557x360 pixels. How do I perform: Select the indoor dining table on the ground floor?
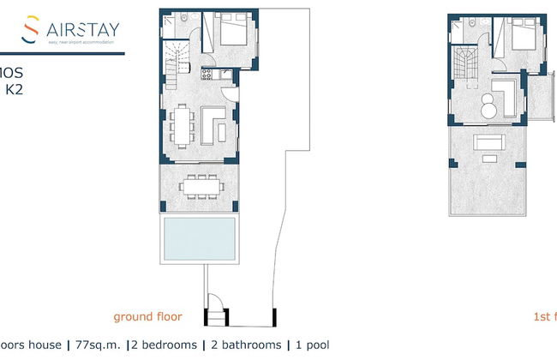point(181,124)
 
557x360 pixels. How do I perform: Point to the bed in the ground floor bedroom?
point(232,35)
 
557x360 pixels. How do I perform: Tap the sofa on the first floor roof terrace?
point(490,141)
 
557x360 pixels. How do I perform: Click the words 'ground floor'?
point(148,317)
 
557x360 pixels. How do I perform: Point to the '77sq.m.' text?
point(94,345)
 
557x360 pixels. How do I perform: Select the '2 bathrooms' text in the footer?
point(244,345)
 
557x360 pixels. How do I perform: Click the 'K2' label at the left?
point(15,87)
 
